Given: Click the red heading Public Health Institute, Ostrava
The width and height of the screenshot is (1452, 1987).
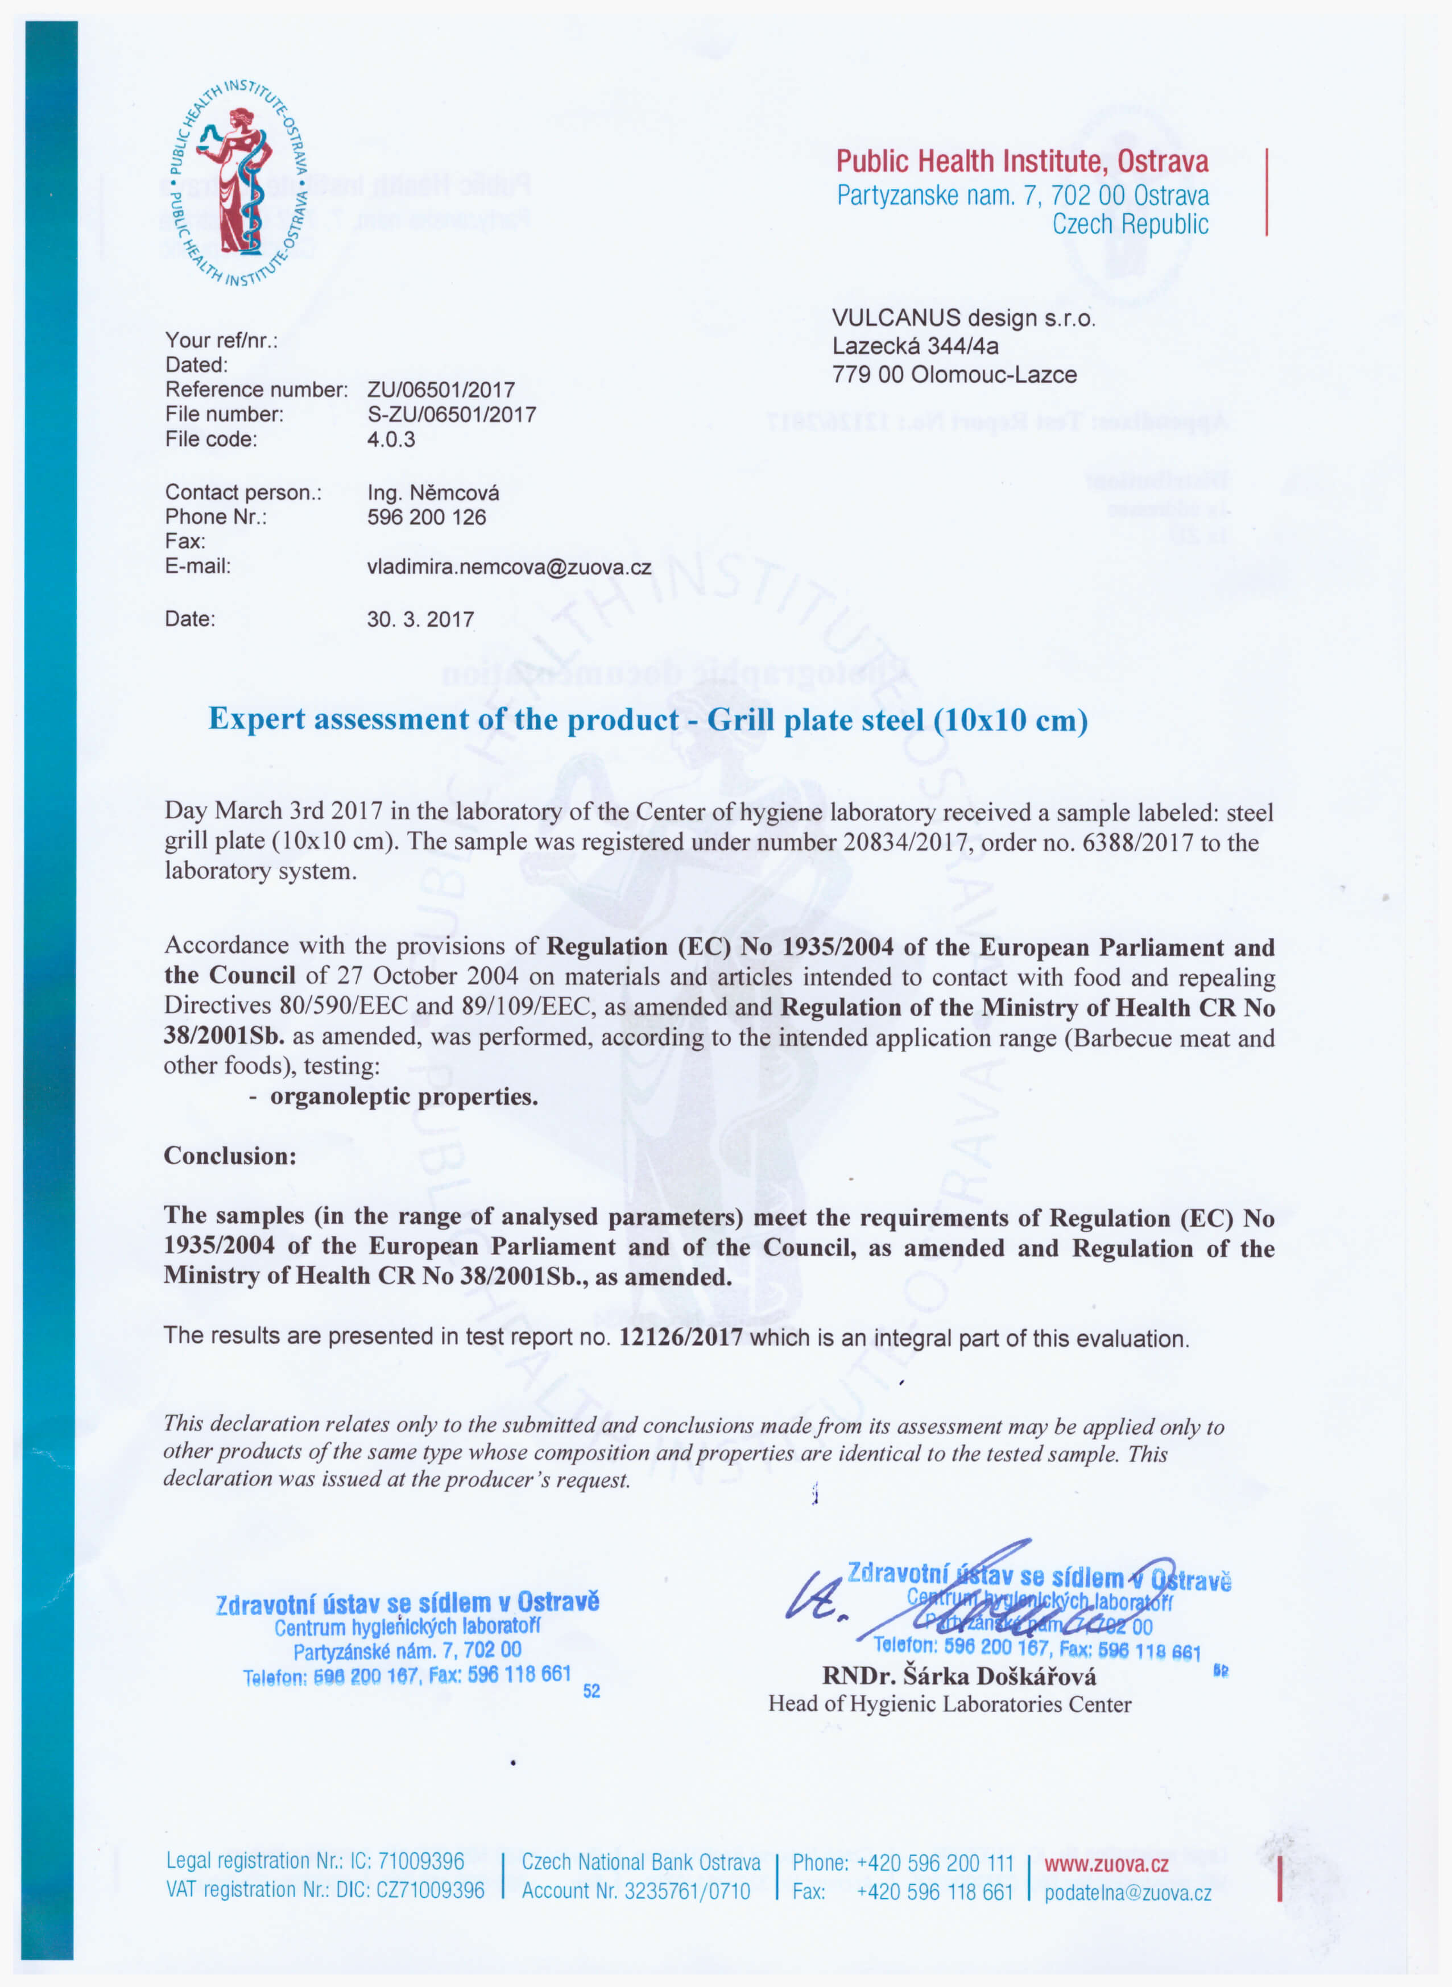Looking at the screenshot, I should click(x=1021, y=162).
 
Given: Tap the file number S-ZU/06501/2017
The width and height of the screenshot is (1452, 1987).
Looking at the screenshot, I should click(x=451, y=415).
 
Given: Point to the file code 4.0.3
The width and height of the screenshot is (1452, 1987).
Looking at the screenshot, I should click(x=391, y=440).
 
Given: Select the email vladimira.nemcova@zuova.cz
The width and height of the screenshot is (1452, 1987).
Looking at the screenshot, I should click(x=509, y=568).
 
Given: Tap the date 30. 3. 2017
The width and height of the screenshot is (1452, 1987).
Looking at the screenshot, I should click(x=420, y=619).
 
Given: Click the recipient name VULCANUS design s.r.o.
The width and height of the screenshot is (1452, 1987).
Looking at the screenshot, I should click(x=963, y=318).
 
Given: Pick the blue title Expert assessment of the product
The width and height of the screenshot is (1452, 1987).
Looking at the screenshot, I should click(x=648, y=720).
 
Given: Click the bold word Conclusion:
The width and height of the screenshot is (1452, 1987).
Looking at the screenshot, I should click(x=230, y=1156).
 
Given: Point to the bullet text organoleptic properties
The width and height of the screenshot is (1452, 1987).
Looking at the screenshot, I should click(x=403, y=1097).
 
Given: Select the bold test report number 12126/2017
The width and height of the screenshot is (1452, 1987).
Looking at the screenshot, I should click(x=680, y=1338).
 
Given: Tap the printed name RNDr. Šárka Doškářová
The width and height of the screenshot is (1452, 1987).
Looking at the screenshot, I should click(x=959, y=1676).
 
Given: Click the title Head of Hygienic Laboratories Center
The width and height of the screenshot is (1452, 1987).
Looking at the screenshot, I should click(x=949, y=1704).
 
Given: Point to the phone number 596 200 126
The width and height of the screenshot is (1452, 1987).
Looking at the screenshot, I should click(x=427, y=518).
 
